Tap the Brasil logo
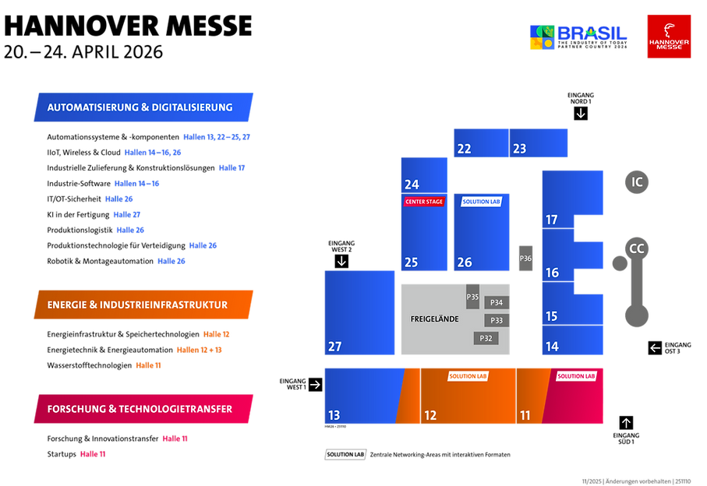pyautogui.click(x=578, y=37)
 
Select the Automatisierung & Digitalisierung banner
pyautogui.click(x=143, y=107)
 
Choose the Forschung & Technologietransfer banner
pyautogui.click(x=143, y=409)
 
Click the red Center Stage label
pyautogui.click(x=423, y=202)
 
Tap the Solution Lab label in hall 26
pyautogui.click(x=481, y=201)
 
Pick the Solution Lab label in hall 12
pyautogui.click(x=468, y=376)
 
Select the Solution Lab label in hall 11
pyautogui.click(x=576, y=376)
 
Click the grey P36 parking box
pyautogui.click(x=525, y=259)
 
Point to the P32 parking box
pyautogui.click(x=486, y=338)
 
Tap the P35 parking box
pyautogui.click(x=472, y=296)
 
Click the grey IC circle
pyautogui.click(x=637, y=182)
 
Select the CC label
pyautogui.click(x=637, y=249)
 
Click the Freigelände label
pyautogui.click(x=434, y=319)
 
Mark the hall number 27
pyautogui.click(x=334, y=347)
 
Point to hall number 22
pyautogui.click(x=464, y=149)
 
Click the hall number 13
pyautogui.click(x=334, y=416)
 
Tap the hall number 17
pyautogui.click(x=552, y=220)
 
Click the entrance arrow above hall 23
pyautogui.click(x=580, y=114)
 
